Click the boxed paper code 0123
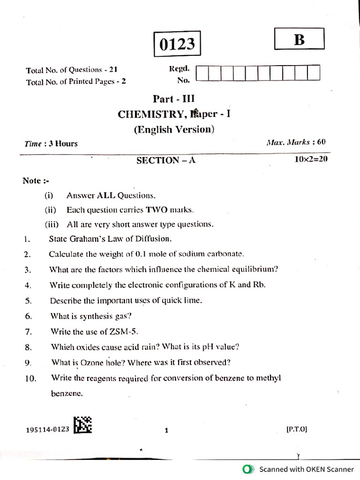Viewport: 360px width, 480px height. [x=177, y=44]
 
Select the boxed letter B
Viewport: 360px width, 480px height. [x=299, y=40]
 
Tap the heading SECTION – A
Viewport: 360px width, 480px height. [x=165, y=160]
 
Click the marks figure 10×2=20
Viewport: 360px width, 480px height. [x=311, y=159]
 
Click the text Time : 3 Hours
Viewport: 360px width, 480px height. [x=51, y=144]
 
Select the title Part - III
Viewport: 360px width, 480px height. [x=173, y=99]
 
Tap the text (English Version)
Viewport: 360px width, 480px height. [x=174, y=129]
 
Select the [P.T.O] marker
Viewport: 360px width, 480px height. [x=296, y=428]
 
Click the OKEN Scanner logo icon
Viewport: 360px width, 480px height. [x=248, y=469]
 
